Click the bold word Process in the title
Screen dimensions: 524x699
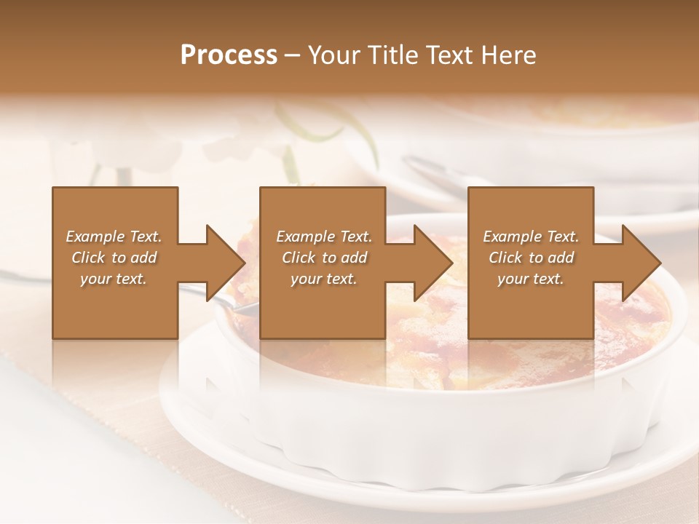(229, 55)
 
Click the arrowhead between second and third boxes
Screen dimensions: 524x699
(433, 263)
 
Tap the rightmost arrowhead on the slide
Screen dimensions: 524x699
(641, 263)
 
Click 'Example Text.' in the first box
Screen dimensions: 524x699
(114, 237)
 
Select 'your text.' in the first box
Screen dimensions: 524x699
(114, 279)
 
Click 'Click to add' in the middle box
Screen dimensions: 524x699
(324, 258)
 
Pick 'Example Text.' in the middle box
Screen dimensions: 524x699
(324, 237)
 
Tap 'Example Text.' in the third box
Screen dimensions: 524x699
(531, 237)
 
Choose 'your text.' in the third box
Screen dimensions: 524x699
(531, 279)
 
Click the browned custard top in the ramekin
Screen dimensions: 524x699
(437, 349)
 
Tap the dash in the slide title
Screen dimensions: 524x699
(293, 55)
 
